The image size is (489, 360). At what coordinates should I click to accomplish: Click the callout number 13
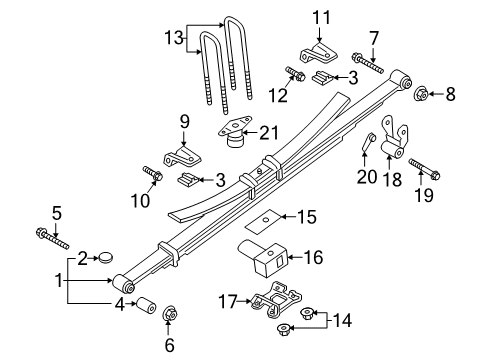click(175, 39)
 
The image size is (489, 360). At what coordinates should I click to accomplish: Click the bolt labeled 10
click(153, 178)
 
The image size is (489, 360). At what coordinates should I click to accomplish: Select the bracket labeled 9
click(183, 156)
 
